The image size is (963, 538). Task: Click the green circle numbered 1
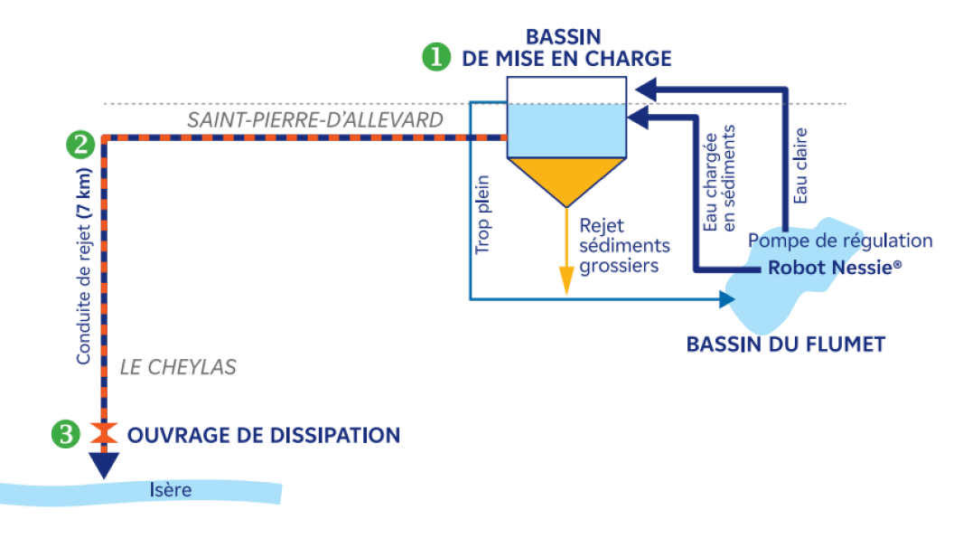tap(436, 57)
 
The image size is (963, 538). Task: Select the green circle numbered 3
tap(64, 435)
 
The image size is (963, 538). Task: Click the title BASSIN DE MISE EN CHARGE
tap(566, 48)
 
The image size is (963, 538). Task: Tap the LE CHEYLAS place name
tap(178, 367)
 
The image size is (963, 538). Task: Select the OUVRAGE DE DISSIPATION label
tap(263, 435)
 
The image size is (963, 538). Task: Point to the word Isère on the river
tap(171, 490)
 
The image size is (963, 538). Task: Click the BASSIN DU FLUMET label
tap(785, 344)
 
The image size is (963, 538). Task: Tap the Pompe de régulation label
tap(840, 241)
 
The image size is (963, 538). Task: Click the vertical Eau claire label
tap(799, 165)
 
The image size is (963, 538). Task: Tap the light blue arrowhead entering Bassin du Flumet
tap(727, 297)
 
